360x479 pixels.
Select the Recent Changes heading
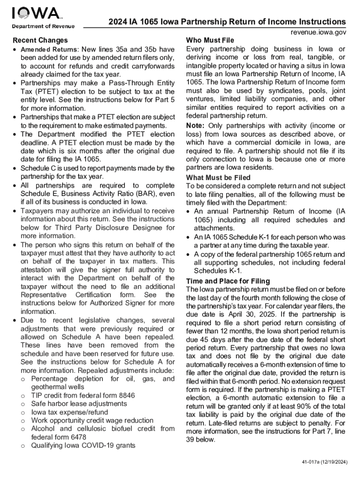40,40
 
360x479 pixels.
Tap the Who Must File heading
210,40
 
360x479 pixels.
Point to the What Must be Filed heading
218,178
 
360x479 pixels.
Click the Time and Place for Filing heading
228,281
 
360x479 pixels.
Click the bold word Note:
195,126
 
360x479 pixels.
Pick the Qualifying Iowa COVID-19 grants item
83,446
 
